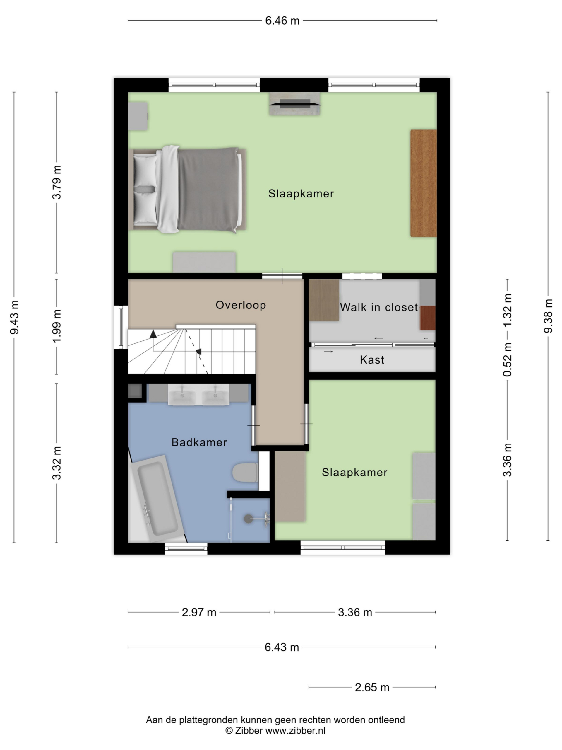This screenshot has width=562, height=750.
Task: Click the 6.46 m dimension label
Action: [x=282, y=21]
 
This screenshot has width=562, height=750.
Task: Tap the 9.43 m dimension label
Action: [x=15, y=317]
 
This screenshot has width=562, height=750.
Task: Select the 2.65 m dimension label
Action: [x=372, y=687]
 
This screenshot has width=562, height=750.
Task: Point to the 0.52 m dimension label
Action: [x=507, y=359]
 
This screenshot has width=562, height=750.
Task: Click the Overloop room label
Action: [x=241, y=305]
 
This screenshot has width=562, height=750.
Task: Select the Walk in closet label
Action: [x=379, y=307]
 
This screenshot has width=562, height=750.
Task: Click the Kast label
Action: [x=372, y=360]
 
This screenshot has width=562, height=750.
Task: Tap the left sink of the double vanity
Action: [x=182, y=395]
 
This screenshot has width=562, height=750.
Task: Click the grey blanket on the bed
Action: [x=207, y=189]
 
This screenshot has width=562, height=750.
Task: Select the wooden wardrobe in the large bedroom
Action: [x=423, y=183]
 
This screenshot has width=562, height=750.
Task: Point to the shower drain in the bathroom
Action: [x=248, y=519]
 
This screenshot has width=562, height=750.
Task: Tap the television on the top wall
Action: [x=294, y=104]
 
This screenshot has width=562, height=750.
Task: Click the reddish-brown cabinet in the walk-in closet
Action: [x=427, y=318]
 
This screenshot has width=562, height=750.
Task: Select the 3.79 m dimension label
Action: [x=57, y=182]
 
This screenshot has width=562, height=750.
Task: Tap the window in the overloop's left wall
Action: [x=121, y=327]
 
